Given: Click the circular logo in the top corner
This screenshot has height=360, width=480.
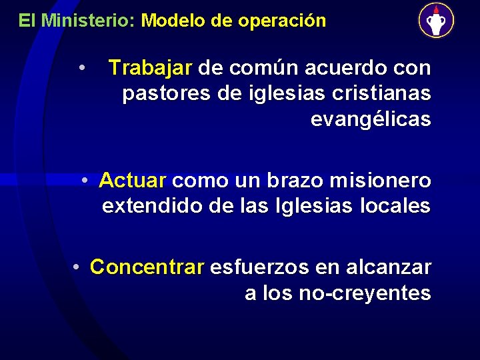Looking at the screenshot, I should [436, 20].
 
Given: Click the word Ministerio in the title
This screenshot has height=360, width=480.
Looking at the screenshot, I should [88, 21].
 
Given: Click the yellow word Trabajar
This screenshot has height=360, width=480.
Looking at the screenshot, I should [151, 68].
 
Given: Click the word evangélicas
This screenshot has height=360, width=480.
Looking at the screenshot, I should [371, 120].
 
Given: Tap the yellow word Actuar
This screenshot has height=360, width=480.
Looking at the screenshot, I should [132, 180].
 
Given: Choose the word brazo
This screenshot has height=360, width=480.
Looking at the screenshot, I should [297, 180].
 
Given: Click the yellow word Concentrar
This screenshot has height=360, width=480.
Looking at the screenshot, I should [147, 267].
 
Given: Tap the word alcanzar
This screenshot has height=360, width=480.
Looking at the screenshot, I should [389, 267].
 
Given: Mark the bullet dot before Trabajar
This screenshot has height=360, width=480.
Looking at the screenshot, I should [81, 67].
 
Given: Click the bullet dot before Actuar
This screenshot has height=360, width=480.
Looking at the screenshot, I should [85, 180].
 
